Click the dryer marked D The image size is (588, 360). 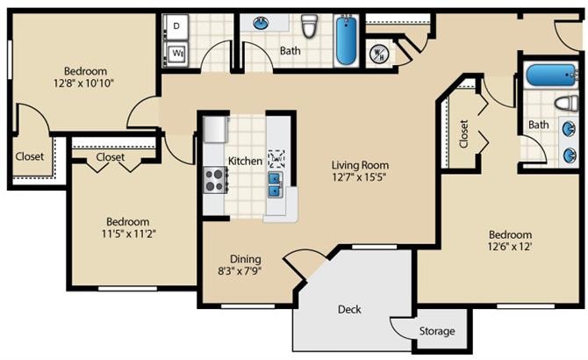pyautogui.click(x=176, y=27)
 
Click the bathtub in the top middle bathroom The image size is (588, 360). pyautogui.click(x=346, y=40)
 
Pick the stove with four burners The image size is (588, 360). pyautogui.click(x=214, y=180)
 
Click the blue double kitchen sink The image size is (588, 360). pyautogui.click(x=276, y=184)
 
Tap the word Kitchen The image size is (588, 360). pyautogui.click(x=245, y=162)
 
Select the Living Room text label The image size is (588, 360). pyautogui.click(x=360, y=164)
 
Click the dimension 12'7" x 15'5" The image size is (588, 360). pyautogui.click(x=360, y=176)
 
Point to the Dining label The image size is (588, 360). pyautogui.click(x=245, y=259)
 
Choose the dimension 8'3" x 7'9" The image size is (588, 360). pyautogui.click(x=245, y=271)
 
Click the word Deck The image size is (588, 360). pyautogui.click(x=349, y=309)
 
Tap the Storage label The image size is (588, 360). pyautogui.click(x=437, y=331)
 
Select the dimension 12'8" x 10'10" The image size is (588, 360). pyautogui.click(x=84, y=83)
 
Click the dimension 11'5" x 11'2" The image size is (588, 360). pyautogui.click(x=127, y=234)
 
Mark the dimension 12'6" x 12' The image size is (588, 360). pyautogui.click(x=510, y=248)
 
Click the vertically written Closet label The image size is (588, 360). pyautogui.click(x=463, y=133)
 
